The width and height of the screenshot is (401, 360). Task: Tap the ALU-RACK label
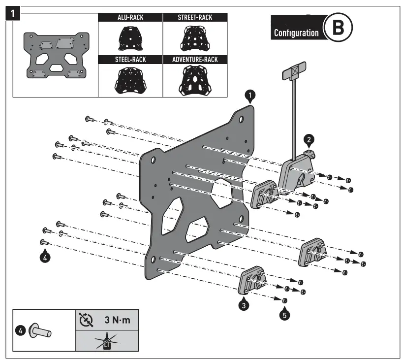tap(130, 18)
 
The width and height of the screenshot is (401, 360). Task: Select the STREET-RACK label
tap(195, 18)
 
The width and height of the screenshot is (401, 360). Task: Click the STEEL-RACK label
tap(130, 59)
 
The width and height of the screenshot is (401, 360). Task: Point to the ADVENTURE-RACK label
tap(195, 59)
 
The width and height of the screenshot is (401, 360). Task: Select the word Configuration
tap(296, 33)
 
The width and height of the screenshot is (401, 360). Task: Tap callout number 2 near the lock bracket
tap(308, 139)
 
